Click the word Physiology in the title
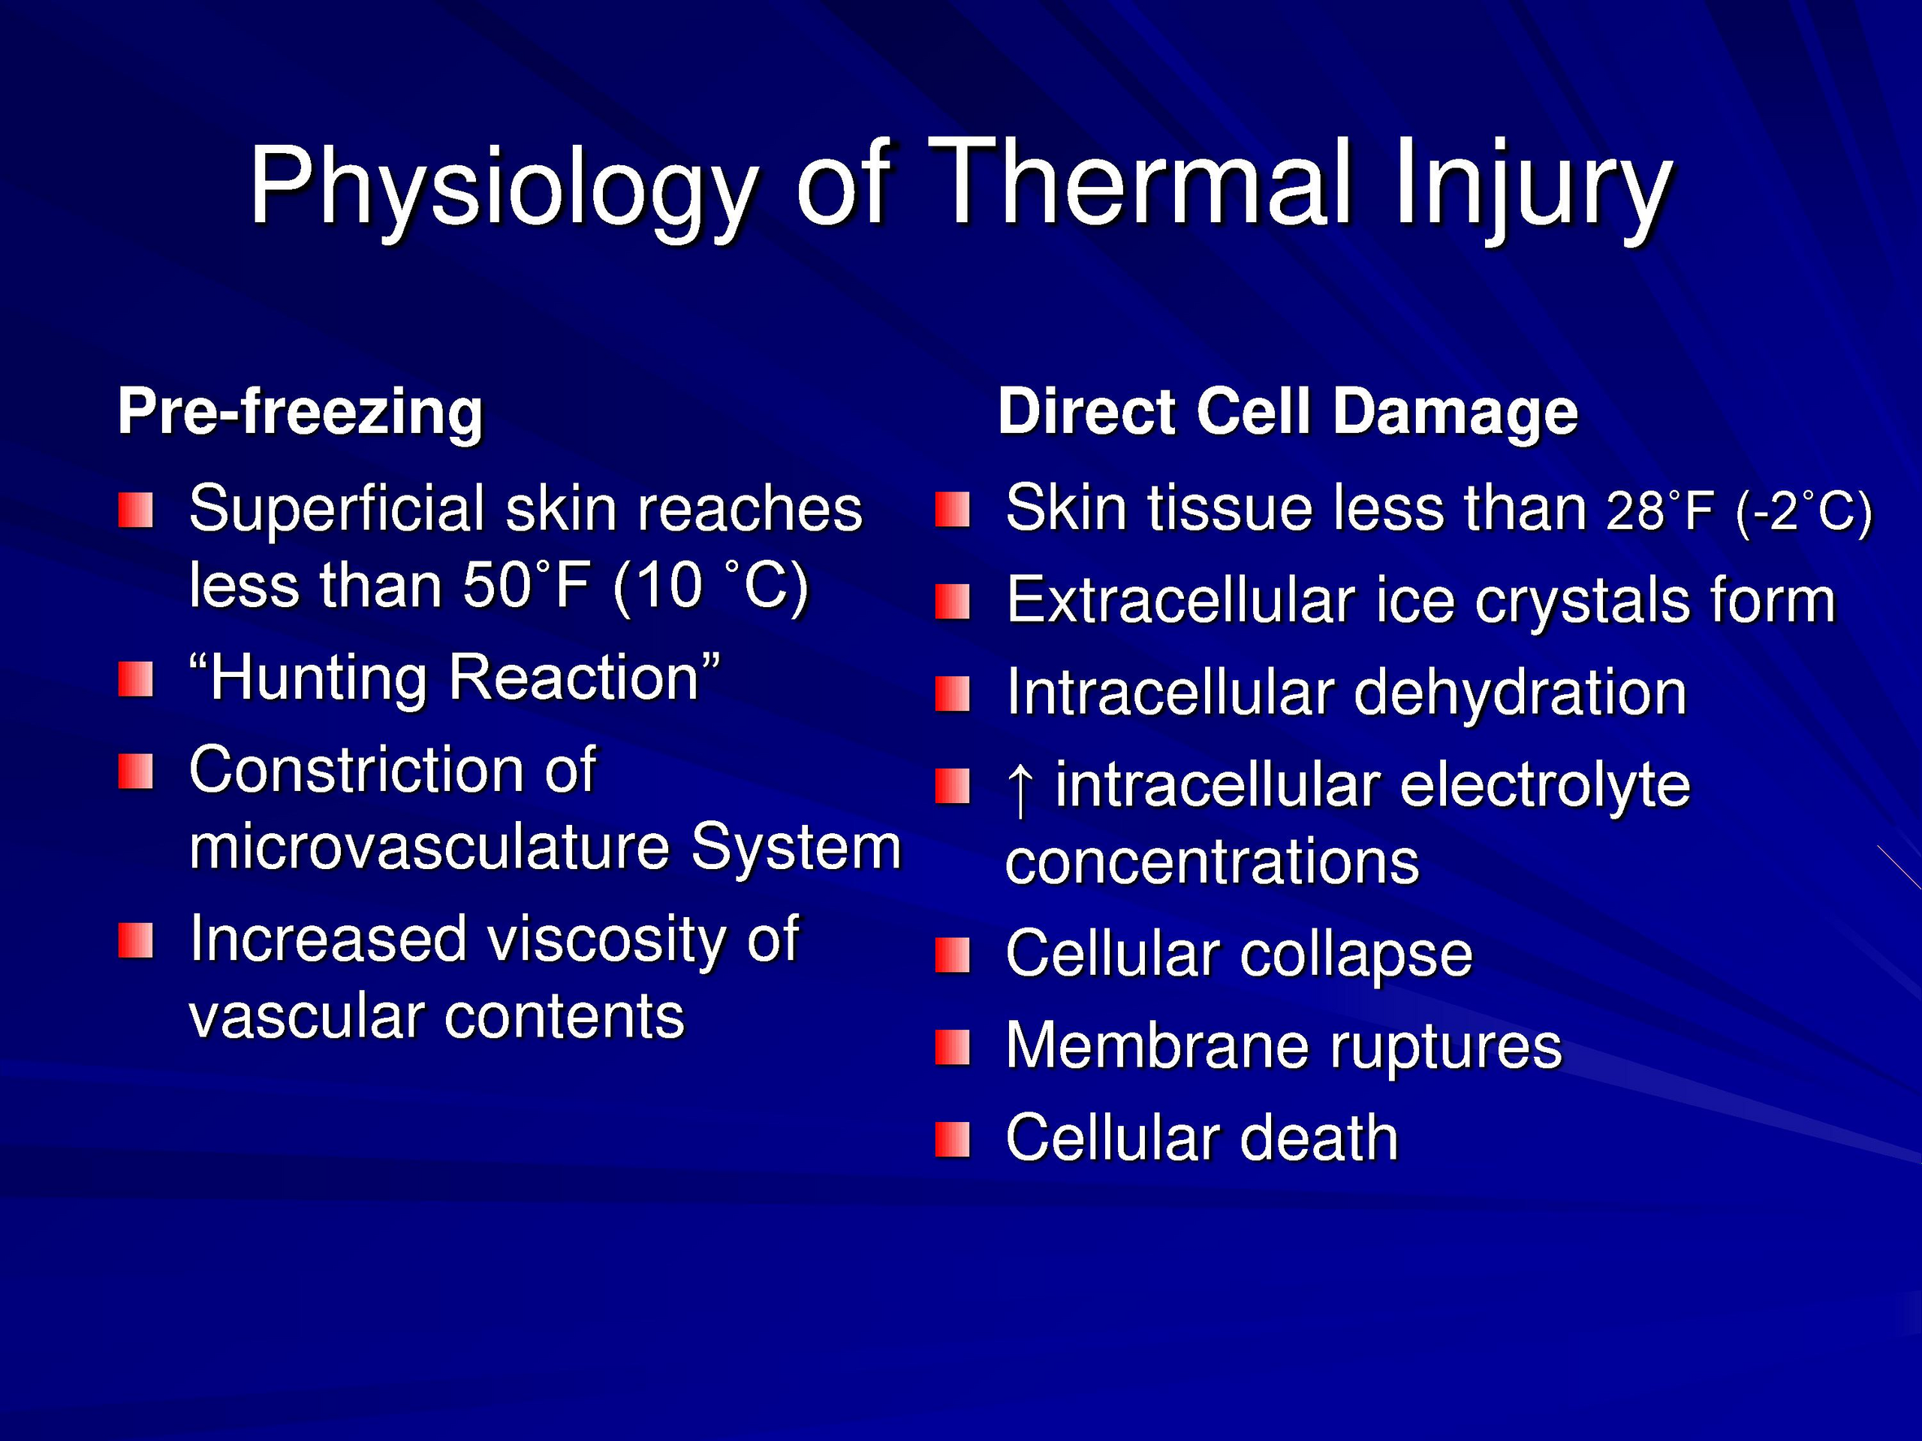point(503,187)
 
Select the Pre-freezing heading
point(300,413)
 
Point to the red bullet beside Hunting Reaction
point(136,679)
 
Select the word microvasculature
point(429,846)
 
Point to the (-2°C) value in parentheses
point(1803,513)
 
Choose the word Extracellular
point(1180,600)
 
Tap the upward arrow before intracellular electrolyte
point(1020,788)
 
